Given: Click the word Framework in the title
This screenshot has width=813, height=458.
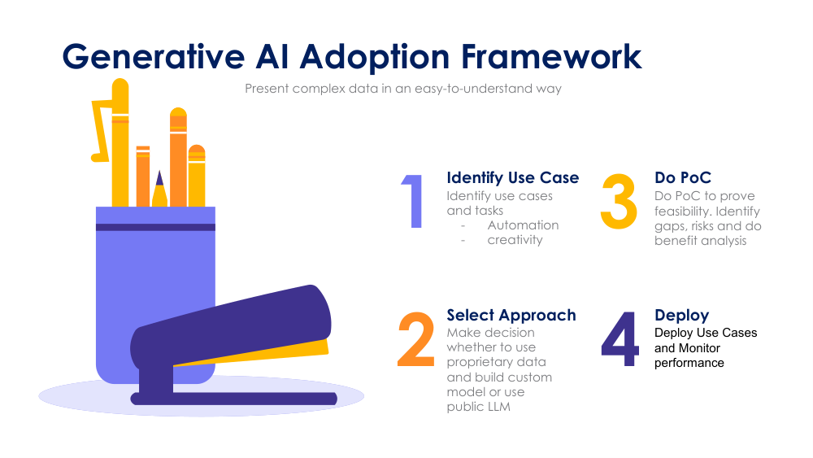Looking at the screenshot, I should point(552,57).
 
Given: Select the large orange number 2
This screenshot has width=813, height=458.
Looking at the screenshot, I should point(416,339).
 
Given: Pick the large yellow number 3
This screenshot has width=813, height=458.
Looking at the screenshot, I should point(620,201).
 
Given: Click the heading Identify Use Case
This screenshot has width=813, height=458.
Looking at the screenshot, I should point(513,177).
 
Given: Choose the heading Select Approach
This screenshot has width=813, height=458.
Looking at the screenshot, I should point(511,315).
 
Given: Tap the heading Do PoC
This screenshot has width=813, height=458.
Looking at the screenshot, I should point(683,177).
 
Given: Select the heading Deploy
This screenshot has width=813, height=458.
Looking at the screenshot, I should point(681,315).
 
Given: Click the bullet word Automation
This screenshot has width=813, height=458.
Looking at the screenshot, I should point(523,225).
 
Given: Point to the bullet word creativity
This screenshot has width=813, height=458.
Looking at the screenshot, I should point(515,240).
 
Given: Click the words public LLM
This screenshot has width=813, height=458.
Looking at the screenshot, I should point(479,407).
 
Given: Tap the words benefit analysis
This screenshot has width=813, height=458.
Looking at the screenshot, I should point(700,241).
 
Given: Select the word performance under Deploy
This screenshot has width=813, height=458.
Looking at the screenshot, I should point(689,363).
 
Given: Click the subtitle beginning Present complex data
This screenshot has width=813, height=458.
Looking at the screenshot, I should point(403,89).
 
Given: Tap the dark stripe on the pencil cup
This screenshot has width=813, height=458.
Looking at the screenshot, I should point(155,227).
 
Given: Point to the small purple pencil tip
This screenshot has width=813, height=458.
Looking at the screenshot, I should point(159,178).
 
